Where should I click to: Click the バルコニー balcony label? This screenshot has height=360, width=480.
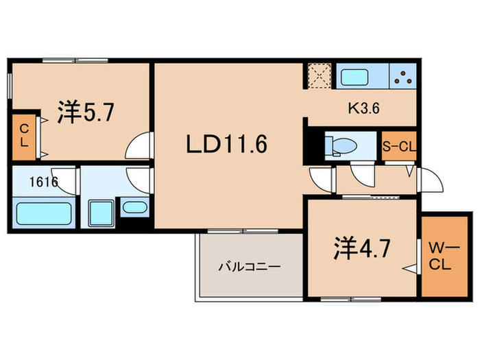click(x=249, y=267)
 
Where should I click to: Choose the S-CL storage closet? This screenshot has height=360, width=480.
click(x=399, y=146)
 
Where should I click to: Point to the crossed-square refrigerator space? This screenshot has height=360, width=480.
click(x=320, y=75)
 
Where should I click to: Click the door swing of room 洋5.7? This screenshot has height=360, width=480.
click(x=141, y=146)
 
